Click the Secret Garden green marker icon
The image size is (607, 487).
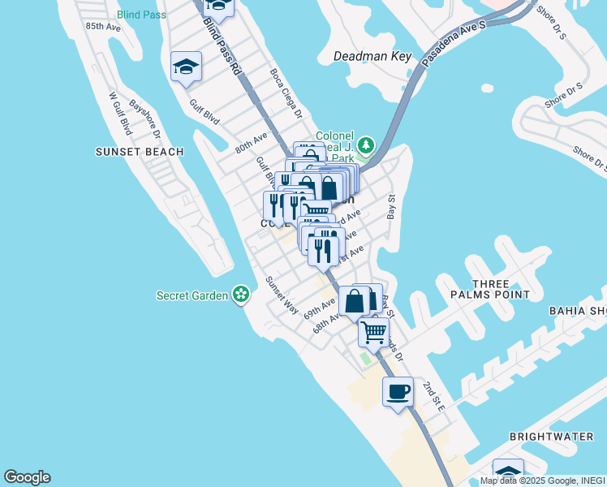tap(240, 294)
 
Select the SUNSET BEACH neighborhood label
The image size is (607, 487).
tap(140, 152)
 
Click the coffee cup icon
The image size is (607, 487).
tap(398, 393)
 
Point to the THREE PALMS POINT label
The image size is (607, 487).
tap(491, 289)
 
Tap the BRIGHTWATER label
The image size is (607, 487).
tap(551, 437)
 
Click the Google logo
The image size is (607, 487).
tap(27, 477)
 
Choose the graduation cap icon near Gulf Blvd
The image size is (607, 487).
tap(186, 68)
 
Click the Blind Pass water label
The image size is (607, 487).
tap(140, 14)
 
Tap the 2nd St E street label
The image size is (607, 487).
tap(434, 394)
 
